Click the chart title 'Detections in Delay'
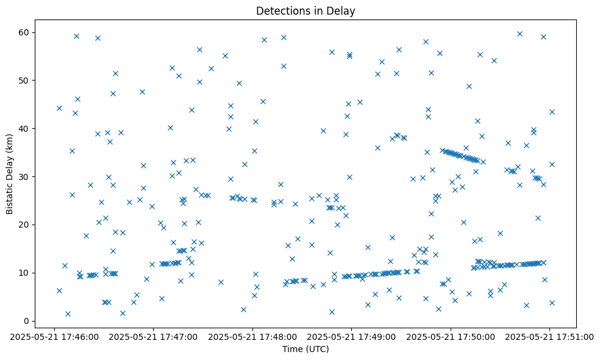pyautogui.click(x=305, y=11)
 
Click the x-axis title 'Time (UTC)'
pyautogui.click(x=305, y=349)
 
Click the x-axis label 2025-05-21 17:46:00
pyautogui.click(x=55, y=336)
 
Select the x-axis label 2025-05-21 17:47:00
pyautogui.click(x=154, y=336)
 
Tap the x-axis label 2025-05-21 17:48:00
pyautogui.click(x=252, y=336)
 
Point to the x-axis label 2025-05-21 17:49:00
pyautogui.click(x=352, y=336)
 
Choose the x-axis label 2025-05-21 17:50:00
pyautogui.click(x=451, y=336)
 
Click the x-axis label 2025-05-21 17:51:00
pyautogui.click(x=549, y=336)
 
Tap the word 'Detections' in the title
pyautogui.click(x=281, y=11)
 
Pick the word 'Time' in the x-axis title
pyautogui.click(x=292, y=349)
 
